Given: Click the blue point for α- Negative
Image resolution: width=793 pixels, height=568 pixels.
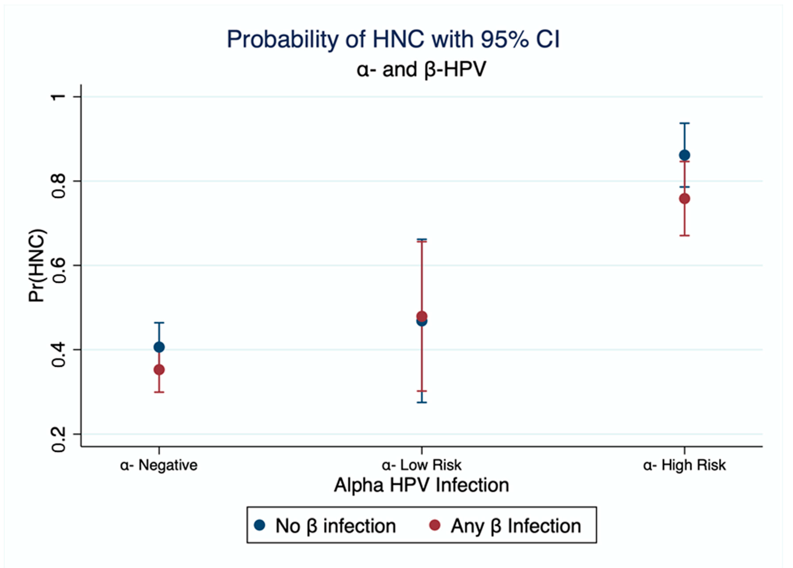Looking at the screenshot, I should pos(159,347).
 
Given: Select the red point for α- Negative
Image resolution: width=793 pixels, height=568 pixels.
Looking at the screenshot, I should pos(159,370).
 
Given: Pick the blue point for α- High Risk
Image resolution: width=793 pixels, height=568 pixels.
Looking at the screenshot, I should pos(684,155).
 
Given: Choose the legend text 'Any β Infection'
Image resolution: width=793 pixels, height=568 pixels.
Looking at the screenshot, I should pos(516,526).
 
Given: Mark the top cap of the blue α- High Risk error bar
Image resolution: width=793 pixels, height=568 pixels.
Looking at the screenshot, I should pos(684,123).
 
